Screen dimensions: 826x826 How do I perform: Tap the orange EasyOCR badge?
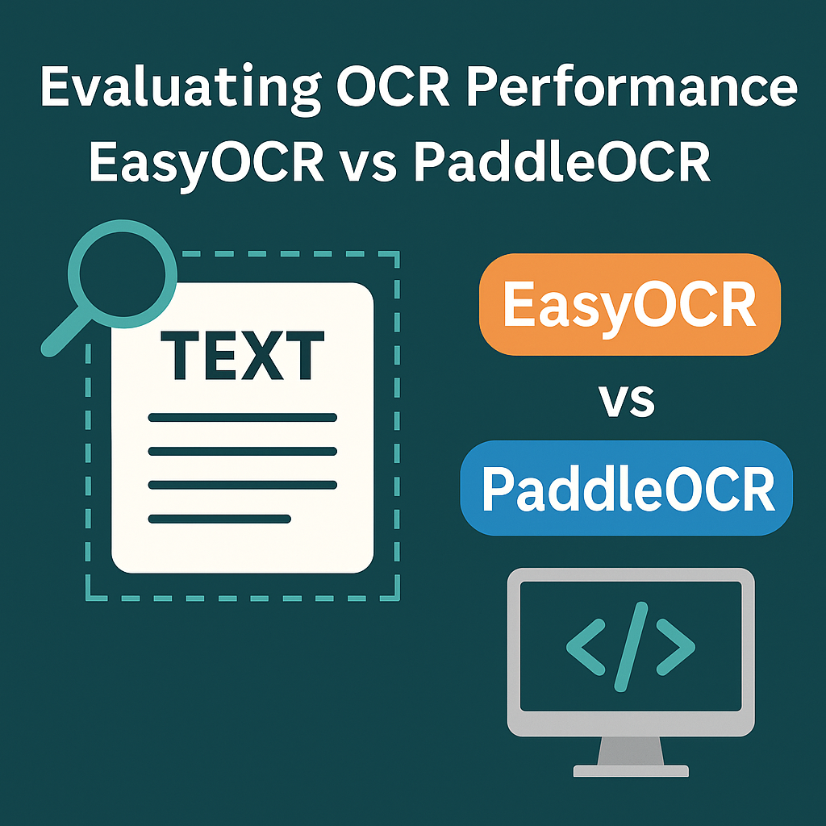coord(630,304)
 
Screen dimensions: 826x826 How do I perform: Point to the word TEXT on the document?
coord(243,356)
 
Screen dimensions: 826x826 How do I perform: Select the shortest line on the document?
coord(219,519)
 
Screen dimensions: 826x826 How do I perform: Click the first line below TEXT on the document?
coord(242,418)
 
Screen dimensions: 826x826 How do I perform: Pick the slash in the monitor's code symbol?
coord(631,645)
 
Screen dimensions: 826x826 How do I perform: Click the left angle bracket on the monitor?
coord(585,645)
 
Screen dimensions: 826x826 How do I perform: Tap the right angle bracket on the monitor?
coord(675,645)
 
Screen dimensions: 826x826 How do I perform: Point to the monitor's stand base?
coord(631,771)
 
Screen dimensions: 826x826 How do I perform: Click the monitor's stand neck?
coord(631,750)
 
